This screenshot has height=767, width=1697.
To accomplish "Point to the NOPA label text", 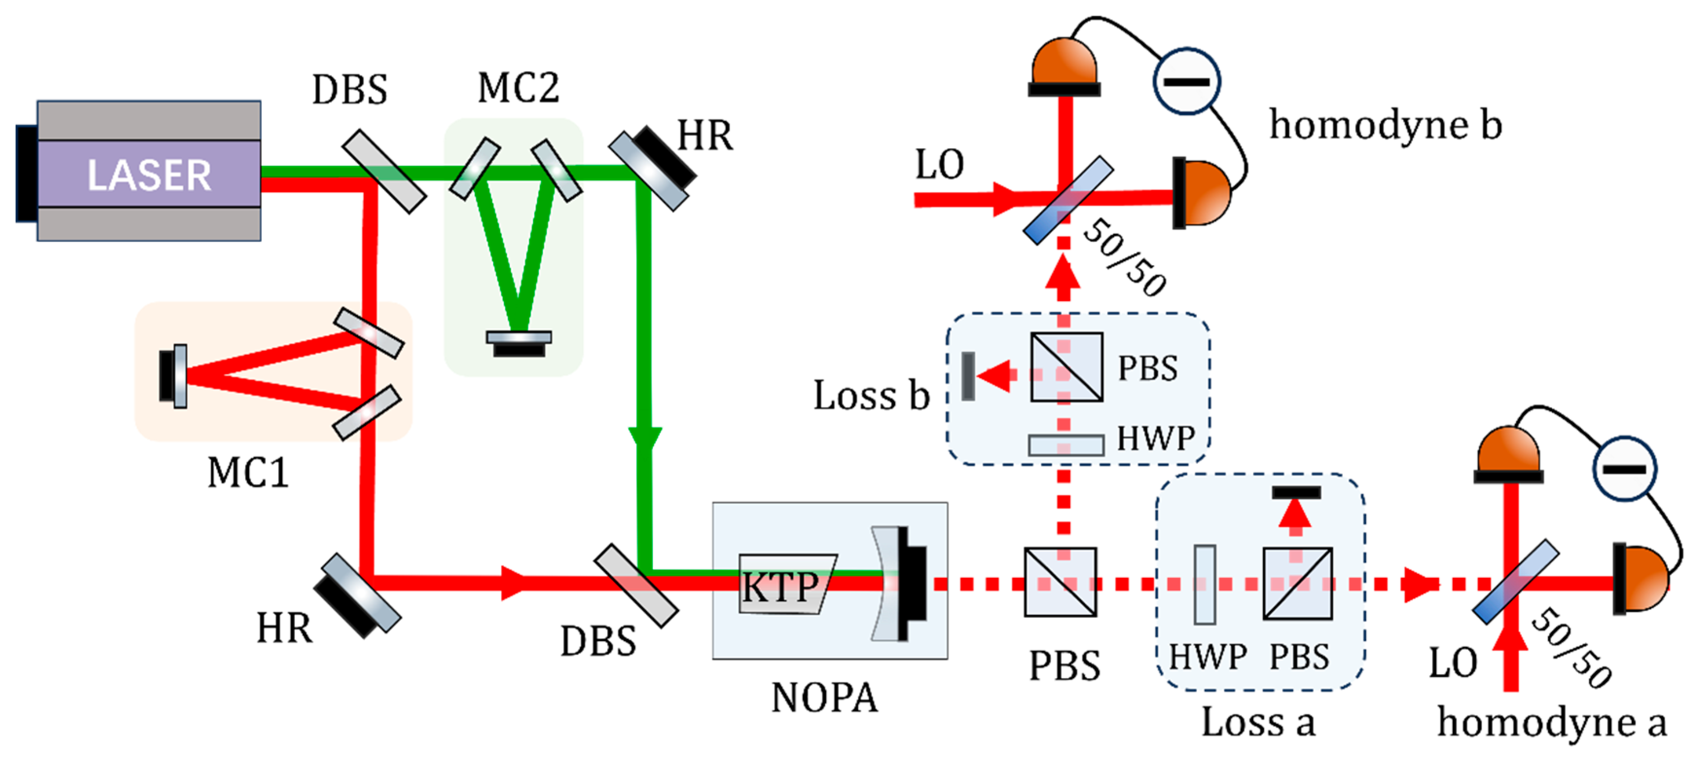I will tap(824, 698).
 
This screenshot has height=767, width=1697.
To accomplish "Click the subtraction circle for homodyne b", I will tap(1186, 82).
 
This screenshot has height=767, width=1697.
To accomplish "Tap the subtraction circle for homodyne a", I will tap(1625, 469).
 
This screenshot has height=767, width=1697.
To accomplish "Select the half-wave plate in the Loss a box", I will tap(1205, 585).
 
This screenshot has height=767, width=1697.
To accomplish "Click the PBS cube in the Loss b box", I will tap(1066, 367).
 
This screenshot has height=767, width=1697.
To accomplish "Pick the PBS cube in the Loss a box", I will tap(1297, 584).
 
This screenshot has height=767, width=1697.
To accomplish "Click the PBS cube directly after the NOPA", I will tap(1060, 583).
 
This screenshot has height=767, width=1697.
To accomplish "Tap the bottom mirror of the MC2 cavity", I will tap(519, 341).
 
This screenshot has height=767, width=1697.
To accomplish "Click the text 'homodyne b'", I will tap(1385, 125).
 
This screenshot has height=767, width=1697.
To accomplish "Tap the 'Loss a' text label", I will tap(1258, 722).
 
